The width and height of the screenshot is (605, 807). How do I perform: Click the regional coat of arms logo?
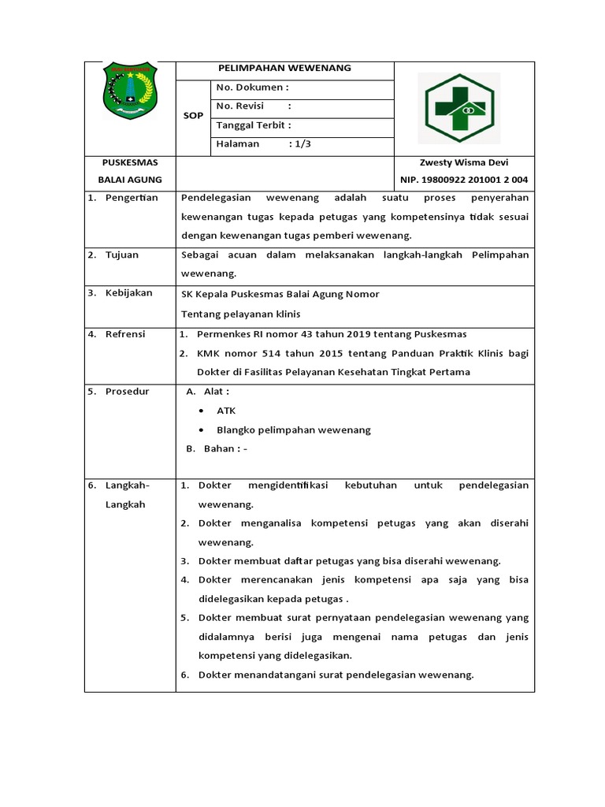(x=130, y=91)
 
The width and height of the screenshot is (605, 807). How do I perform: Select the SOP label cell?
(x=193, y=115)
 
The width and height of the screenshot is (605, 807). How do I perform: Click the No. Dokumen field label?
(x=252, y=87)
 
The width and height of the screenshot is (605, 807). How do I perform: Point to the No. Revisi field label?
(x=239, y=106)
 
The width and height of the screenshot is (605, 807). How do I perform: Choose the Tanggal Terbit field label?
(x=253, y=125)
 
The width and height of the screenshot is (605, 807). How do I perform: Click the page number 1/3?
(x=299, y=144)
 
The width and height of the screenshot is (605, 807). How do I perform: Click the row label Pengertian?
(x=132, y=198)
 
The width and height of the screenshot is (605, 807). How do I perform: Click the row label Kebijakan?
(x=128, y=294)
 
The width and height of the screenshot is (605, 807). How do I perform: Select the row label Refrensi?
(x=125, y=334)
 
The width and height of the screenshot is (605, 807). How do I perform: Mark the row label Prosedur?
(x=127, y=392)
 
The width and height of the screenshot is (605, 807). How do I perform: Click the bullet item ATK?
(x=226, y=411)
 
